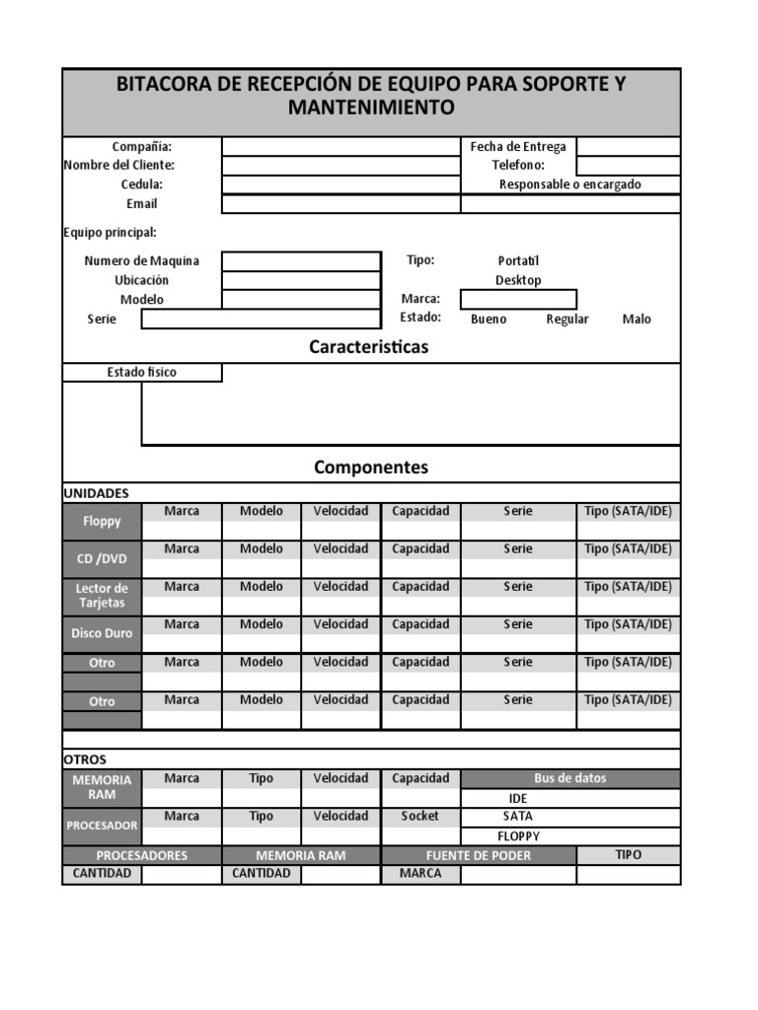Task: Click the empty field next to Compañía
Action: pyautogui.click(x=341, y=147)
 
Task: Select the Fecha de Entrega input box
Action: pyautogui.click(x=628, y=147)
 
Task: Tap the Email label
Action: pyautogui.click(x=141, y=203)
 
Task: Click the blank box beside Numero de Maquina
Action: pyautogui.click(x=300, y=260)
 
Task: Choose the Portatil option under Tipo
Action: pyautogui.click(x=518, y=260)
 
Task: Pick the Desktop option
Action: pyautogui.click(x=518, y=280)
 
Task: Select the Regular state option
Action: pyautogui.click(x=567, y=319)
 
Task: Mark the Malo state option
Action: pyautogui.click(x=637, y=319)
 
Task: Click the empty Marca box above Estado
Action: pyautogui.click(x=518, y=299)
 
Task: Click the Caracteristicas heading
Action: pyautogui.click(x=368, y=347)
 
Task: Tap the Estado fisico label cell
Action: pyautogui.click(x=141, y=373)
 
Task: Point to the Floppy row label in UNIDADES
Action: pyautogui.click(x=102, y=521)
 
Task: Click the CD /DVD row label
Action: pyautogui.click(x=102, y=559)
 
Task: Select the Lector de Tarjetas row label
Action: pyautogui.click(x=102, y=596)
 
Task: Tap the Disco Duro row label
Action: pyautogui.click(x=102, y=634)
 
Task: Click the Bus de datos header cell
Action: pyautogui.click(x=569, y=778)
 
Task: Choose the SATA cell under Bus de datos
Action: pyautogui.click(x=518, y=817)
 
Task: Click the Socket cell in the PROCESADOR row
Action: pyautogui.click(x=419, y=817)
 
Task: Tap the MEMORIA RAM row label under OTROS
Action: pyautogui.click(x=102, y=787)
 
